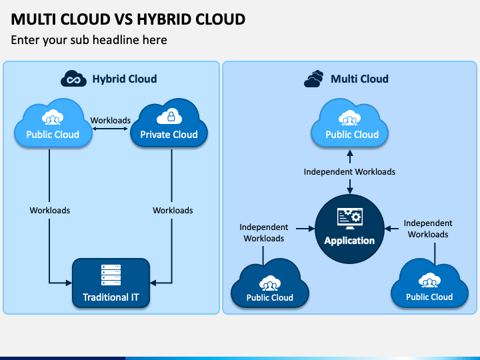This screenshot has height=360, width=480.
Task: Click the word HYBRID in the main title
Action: (x=163, y=19)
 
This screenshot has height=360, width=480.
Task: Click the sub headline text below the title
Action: (x=89, y=40)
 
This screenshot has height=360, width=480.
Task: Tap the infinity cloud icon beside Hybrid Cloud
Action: (x=73, y=79)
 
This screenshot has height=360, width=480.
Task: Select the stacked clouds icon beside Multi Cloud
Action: (x=314, y=79)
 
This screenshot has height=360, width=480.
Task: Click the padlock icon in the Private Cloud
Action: (x=171, y=116)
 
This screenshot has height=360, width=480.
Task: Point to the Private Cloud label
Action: (x=169, y=135)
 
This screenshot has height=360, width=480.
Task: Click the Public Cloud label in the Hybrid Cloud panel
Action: (x=53, y=135)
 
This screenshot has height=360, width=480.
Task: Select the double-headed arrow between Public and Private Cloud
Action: (x=110, y=129)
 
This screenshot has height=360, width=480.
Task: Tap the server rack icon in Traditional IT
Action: (x=111, y=275)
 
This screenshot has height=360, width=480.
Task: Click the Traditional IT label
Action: (x=111, y=297)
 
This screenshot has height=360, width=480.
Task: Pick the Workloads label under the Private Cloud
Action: (x=173, y=210)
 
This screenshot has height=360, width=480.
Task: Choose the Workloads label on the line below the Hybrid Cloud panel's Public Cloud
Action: (x=49, y=210)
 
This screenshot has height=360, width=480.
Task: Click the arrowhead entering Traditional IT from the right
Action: (x=153, y=283)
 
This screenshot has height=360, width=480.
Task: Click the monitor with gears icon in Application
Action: (x=349, y=219)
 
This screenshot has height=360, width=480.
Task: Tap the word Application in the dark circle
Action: (x=349, y=241)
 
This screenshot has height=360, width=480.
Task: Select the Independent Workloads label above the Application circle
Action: (x=349, y=172)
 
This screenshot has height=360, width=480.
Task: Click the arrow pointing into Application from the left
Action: (x=305, y=229)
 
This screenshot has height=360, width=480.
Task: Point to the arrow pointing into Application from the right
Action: (x=391, y=229)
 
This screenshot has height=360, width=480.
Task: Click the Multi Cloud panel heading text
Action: (x=359, y=79)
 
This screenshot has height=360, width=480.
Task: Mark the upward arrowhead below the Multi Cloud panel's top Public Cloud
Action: (x=350, y=153)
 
